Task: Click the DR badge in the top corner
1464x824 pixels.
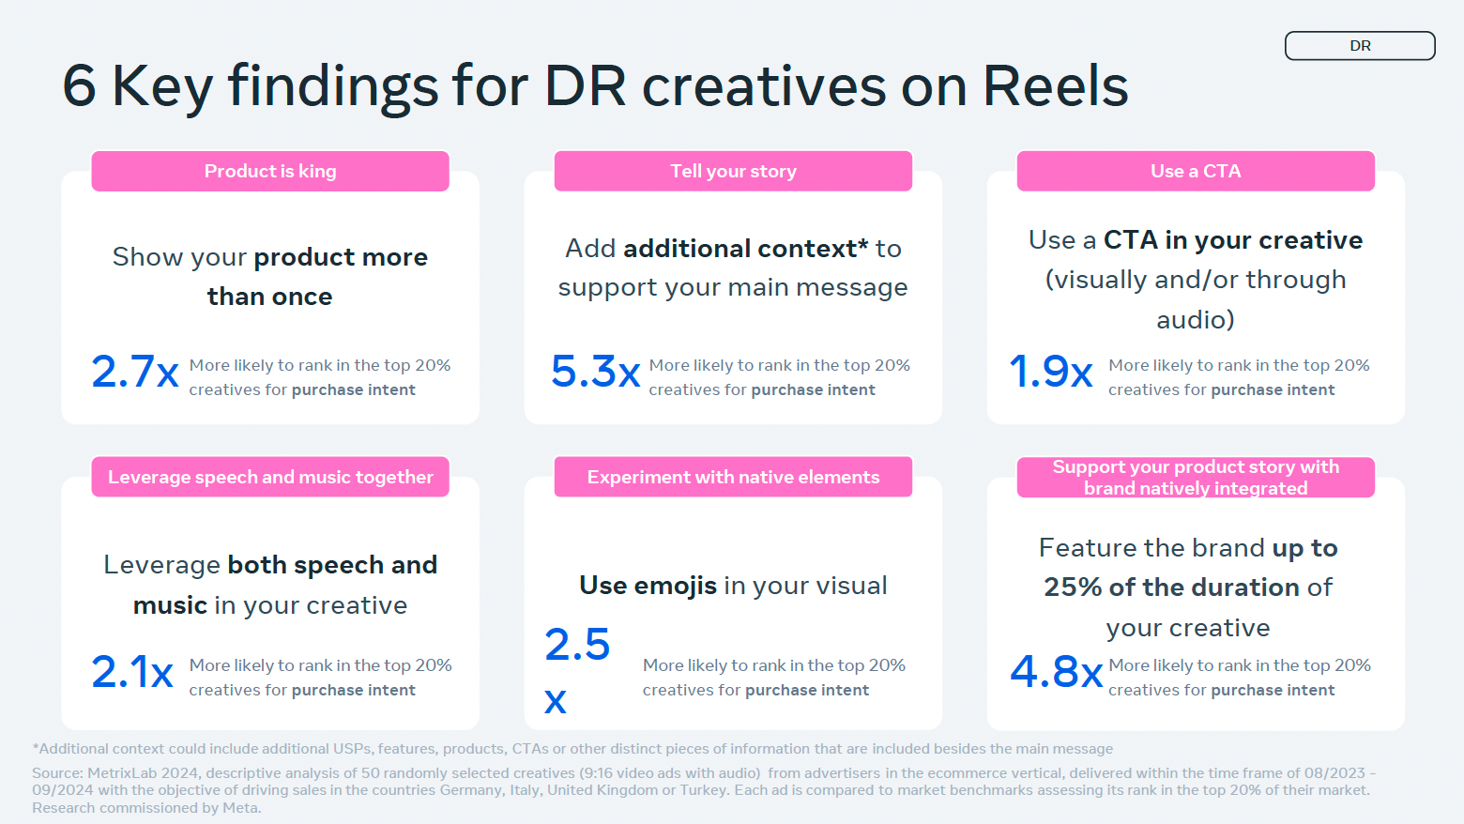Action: pos(1360,46)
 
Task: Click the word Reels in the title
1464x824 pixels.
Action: pos(1055,86)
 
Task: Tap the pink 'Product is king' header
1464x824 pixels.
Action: pos(270,172)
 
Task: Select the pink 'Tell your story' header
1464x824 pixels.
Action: pos(733,172)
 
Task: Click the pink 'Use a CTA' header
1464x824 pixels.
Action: pos(1196,172)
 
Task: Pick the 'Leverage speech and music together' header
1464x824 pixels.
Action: pos(270,478)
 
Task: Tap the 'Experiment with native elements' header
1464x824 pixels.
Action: pos(733,478)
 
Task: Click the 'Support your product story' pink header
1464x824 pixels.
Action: pos(1196,478)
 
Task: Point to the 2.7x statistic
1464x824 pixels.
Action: pos(134,372)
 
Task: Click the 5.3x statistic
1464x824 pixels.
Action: pos(595,372)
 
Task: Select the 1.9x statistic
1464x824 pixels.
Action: pos(1050,372)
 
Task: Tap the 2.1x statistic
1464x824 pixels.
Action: pos(132,672)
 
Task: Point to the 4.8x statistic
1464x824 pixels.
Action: pos(1056,672)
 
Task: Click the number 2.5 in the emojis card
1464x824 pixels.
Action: pos(577,645)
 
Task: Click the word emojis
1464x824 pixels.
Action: pos(675,586)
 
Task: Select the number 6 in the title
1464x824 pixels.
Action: pos(80,86)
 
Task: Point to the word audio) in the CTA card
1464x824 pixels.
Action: pos(1196,320)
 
